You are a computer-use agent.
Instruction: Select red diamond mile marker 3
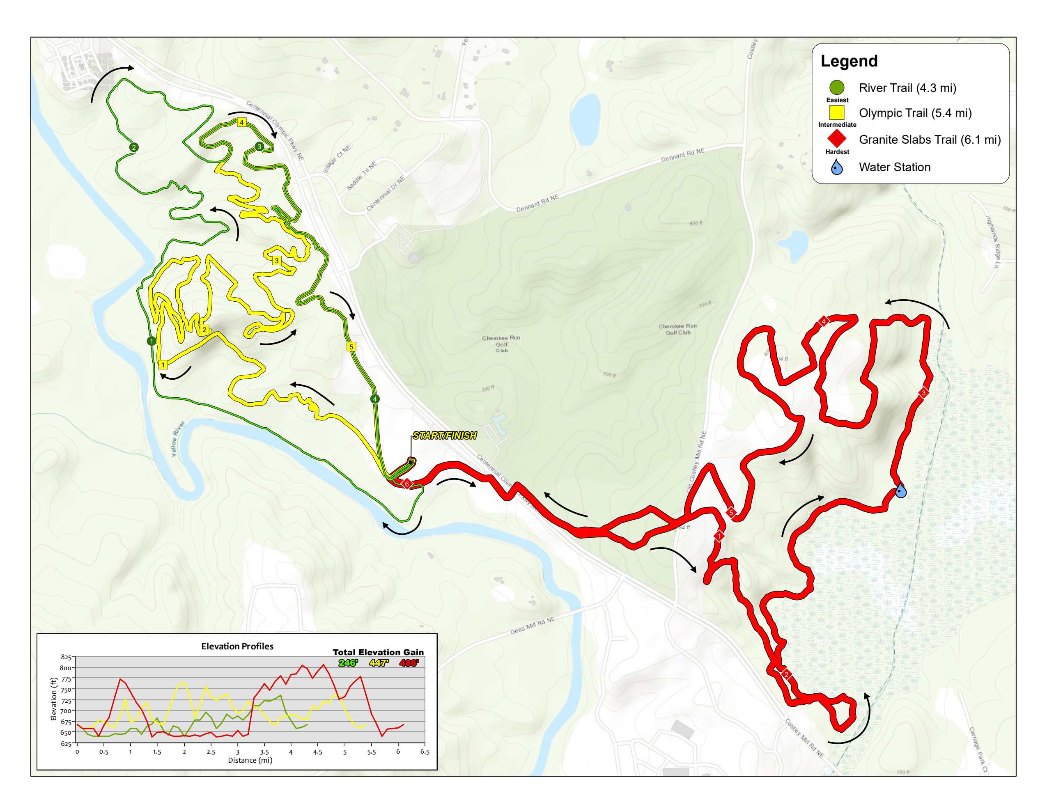click(x=923, y=392)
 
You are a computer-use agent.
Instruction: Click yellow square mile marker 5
click(x=351, y=346)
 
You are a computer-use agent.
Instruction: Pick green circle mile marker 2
click(x=134, y=147)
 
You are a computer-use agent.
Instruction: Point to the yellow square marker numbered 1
click(x=163, y=365)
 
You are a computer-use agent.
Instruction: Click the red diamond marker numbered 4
click(x=824, y=321)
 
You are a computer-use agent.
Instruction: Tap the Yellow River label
click(x=178, y=438)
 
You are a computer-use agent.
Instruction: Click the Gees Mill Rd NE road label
click(x=532, y=626)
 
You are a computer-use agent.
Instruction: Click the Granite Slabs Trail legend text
click(x=930, y=140)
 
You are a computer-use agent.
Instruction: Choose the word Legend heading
click(x=849, y=61)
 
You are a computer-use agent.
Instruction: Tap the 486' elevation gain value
click(x=409, y=663)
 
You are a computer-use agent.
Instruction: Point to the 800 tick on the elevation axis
click(x=65, y=667)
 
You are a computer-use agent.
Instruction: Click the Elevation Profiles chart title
click(x=237, y=646)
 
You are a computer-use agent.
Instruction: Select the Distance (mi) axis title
click(x=250, y=760)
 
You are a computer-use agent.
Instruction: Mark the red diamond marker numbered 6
click(x=406, y=484)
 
